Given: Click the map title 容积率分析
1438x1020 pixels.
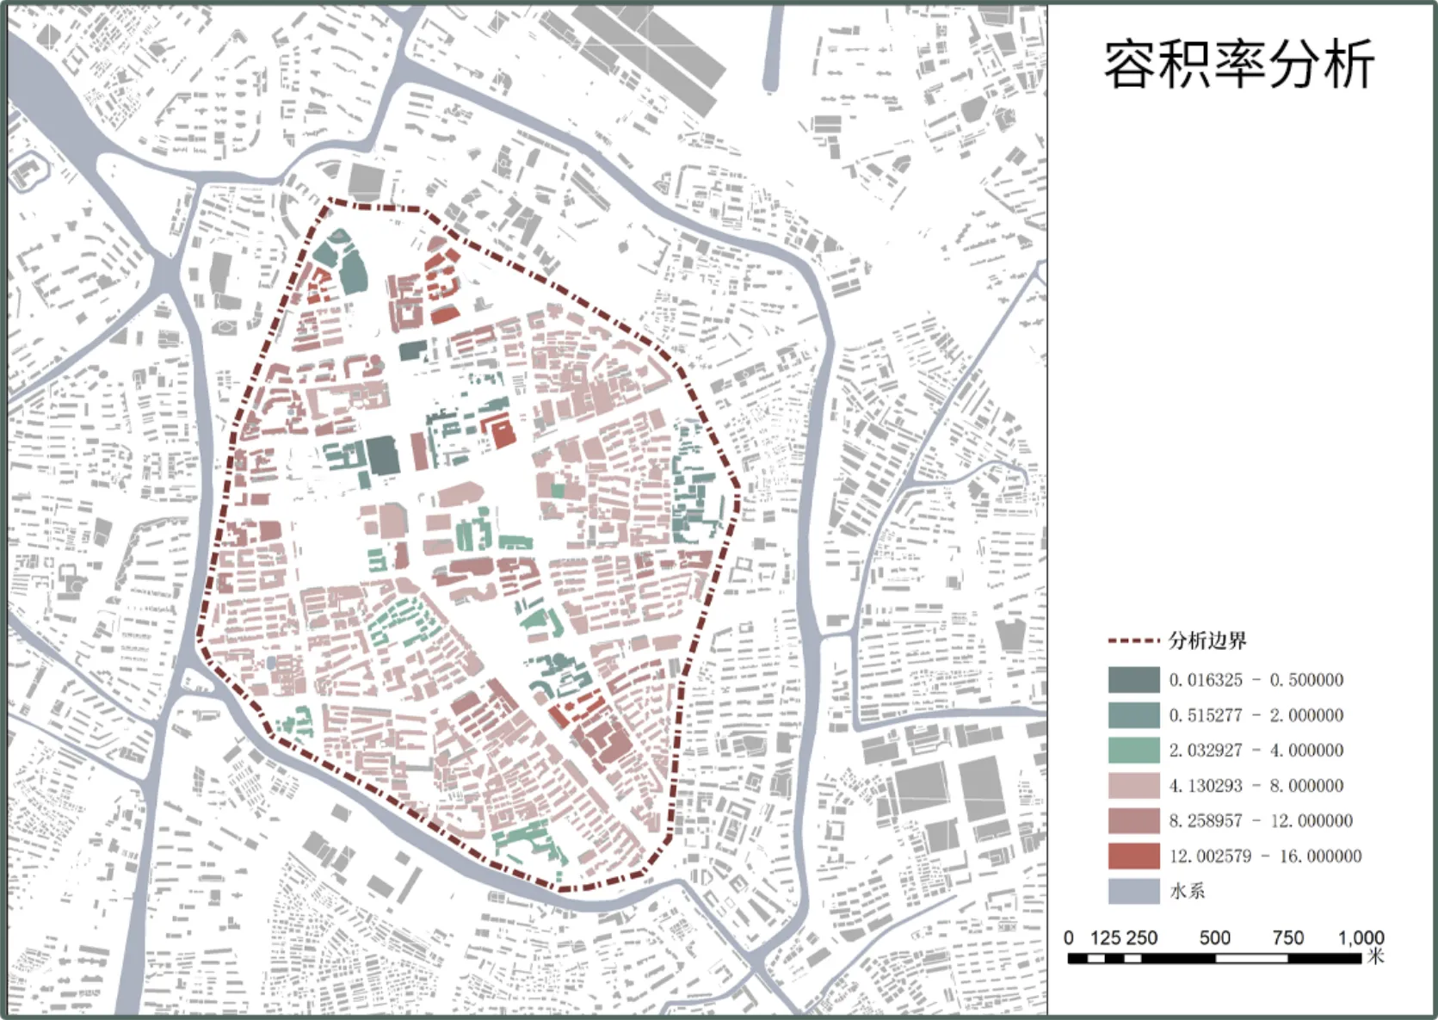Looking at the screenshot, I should tap(1238, 65).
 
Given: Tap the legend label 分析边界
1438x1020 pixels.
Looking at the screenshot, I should tap(1207, 640).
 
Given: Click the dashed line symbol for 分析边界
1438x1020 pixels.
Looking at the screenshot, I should tap(1133, 641).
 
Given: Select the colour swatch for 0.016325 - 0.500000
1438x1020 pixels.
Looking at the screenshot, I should tap(1133, 679).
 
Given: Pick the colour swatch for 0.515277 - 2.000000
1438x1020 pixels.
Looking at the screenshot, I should tap(1133, 714).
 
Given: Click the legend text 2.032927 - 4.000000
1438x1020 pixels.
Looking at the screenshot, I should tap(1256, 750).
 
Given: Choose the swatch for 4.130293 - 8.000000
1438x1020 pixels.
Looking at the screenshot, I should tap(1133, 785).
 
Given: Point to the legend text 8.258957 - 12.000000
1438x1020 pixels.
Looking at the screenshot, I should tap(1260, 820).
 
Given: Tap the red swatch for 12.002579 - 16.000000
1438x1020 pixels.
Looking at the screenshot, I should tap(1133, 856).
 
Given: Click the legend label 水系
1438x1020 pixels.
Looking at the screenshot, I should tap(1187, 891).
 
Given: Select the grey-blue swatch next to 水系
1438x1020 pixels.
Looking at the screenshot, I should tap(1133, 891).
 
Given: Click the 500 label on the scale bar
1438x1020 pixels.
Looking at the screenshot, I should tap(1214, 937).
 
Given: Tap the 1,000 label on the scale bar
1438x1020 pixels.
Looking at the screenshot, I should tap(1361, 937).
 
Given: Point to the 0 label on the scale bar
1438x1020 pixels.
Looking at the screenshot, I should tap(1069, 937).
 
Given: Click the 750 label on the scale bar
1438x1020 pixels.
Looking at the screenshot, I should tap(1287, 937).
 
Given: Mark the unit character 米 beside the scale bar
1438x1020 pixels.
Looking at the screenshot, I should tap(1375, 955).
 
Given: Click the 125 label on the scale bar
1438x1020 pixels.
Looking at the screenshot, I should tap(1105, 937).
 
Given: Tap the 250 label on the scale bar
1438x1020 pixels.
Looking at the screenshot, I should tap(1142, 937).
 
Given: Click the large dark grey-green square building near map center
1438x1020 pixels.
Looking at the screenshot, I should tap(382, 454).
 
